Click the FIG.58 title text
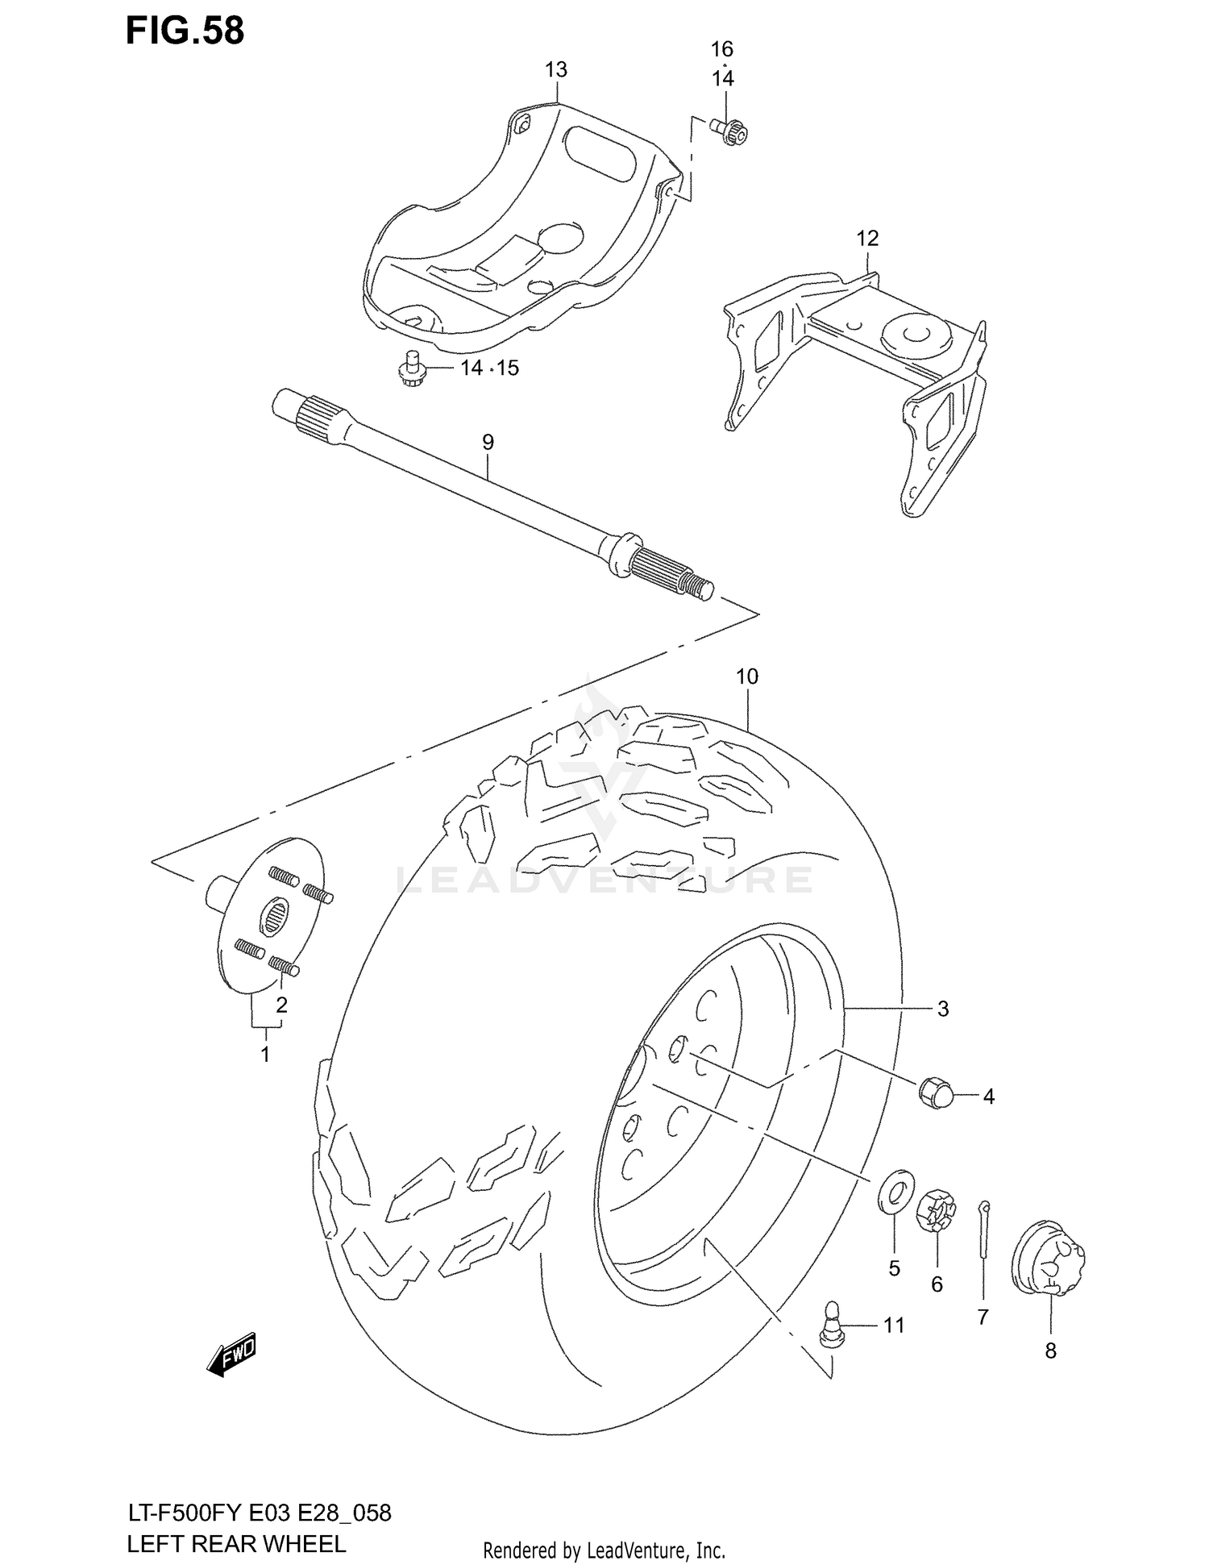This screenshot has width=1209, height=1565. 185,31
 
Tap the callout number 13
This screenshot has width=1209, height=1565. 555,70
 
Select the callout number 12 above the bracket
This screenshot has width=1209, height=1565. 866,239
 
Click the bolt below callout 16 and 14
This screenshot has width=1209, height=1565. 730,131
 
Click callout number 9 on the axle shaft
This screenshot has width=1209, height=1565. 488,442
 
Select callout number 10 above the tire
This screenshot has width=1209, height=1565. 746,676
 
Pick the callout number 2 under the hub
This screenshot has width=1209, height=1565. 281,1005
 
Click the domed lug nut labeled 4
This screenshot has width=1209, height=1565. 935,1093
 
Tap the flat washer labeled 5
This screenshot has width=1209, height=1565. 895,1192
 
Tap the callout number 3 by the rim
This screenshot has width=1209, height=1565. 942,1009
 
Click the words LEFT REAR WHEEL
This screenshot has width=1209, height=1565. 236,1543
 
